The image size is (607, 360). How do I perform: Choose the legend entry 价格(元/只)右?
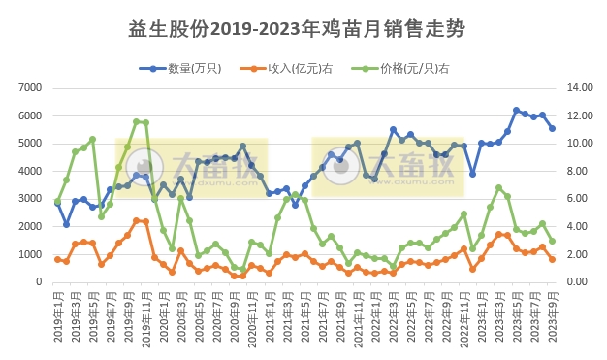(396, 68)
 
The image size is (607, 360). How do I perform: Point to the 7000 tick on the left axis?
(29, 87)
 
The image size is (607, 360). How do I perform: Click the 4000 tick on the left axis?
(29, 171)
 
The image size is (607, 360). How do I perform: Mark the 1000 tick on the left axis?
(29, 254)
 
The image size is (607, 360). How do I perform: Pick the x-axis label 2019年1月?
(57, 315)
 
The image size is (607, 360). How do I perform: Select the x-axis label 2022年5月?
(410, 315)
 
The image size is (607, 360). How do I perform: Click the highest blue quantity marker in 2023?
(516, 111)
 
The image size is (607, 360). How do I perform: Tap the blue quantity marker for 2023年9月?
(552, 128)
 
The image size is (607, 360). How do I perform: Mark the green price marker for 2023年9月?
(552, 242)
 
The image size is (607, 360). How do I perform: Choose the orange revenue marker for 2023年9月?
(552, 259)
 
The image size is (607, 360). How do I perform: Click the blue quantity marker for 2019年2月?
(66, 224)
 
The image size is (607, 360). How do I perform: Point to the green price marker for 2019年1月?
(57, 201)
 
